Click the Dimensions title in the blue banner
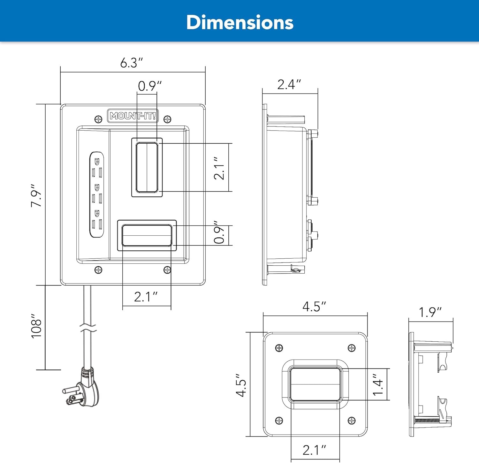[240, 22]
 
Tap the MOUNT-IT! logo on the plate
[133, 116]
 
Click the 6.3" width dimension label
[131, 63]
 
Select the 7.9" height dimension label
[36, 195]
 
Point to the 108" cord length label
[36, 326]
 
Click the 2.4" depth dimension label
[289, 84]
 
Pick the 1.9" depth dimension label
[430, 312]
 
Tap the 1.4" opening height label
[378, 385]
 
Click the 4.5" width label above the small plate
[314, 307]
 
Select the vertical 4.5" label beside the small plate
[241, 385]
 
